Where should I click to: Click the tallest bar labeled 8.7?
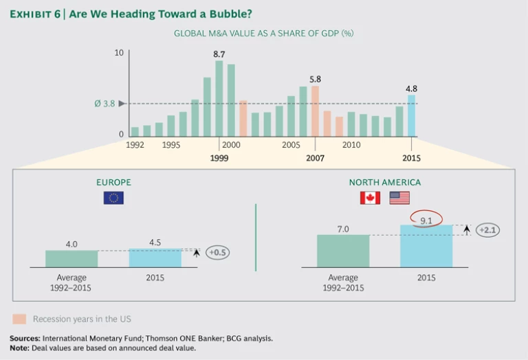pos(219,98)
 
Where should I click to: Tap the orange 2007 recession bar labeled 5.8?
pos(315,111)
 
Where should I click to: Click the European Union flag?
pos(113,198)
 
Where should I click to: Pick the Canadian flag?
pos(370,198)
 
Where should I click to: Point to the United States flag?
pos(399,198)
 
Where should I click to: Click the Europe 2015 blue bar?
pos(155,258)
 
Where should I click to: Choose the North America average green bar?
pos(343,251)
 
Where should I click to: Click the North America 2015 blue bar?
pos(426,246)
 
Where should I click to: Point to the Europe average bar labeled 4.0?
pos(71,258)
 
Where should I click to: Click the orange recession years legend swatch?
pos(19,319)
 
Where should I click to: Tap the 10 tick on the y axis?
pos(119,53)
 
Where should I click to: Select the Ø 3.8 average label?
pos(104,104)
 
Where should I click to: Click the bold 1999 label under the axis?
pos(219,158)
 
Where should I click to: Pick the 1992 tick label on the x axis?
pos(135,145)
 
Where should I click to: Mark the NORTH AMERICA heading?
pos(384,182)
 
